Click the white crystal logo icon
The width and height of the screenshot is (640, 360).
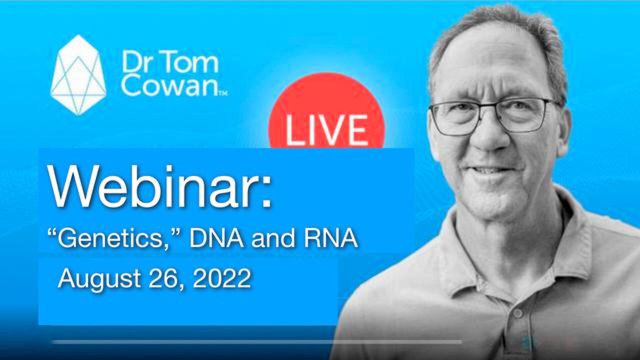click(x=78, y=75)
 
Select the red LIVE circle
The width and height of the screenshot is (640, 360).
click(x=326, y=111)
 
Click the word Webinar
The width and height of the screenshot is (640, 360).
click(x=152, y=187)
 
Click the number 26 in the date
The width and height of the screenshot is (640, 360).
click(x=165, y=278)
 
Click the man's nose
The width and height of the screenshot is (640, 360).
click(x=492, y=134)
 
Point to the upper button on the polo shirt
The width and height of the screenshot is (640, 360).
click(x=517, y=313)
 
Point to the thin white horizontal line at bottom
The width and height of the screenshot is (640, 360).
click(x=257, y=341)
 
